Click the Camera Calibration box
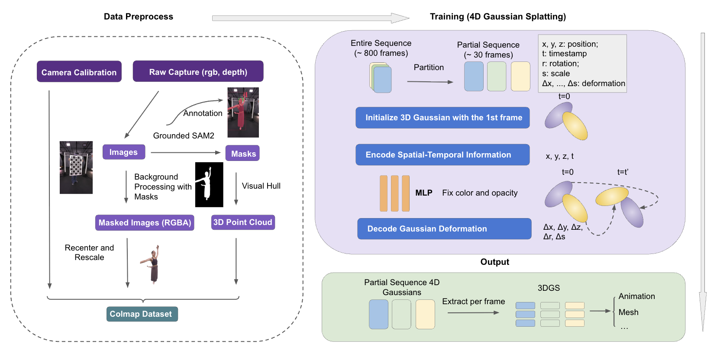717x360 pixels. coord(79,72)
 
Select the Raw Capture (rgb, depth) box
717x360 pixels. coord(198,71)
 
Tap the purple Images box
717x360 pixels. coord(123,152)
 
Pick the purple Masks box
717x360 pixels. coord(243,153)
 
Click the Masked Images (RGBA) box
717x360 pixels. coord(145,222)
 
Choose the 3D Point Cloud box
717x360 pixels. coord(242,222)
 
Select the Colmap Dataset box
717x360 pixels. coord(142,314)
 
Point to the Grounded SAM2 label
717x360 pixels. coord(184,135)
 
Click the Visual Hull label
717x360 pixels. coord(261,186)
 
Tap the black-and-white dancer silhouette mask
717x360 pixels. coord(209,184)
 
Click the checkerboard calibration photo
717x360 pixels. coord(76,167)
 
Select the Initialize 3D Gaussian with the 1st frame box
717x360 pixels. coord(442,117)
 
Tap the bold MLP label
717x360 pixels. coord(423,193)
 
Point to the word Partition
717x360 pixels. coord(429,67)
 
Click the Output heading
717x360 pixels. coord(494,262)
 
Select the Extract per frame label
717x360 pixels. coord(473,301)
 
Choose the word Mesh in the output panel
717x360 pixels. coord(628,312)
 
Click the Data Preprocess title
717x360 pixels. coord(138,16)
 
